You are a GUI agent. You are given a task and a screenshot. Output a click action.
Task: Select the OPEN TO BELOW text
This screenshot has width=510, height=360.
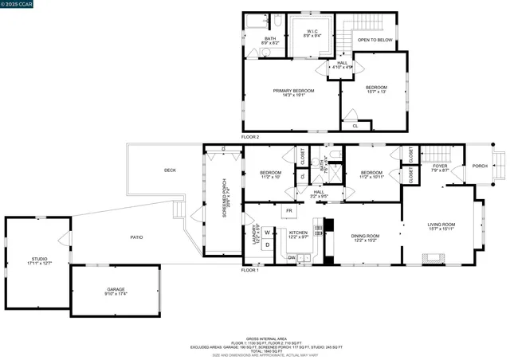click(x=374, y=39)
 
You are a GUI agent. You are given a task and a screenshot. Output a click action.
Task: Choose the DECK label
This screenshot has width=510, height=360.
click(x=170, y=170)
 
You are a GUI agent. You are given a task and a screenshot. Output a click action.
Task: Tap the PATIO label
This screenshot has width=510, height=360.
click(x=137, y=237)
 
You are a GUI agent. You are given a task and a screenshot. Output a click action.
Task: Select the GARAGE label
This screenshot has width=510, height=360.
click(x=116, y=291)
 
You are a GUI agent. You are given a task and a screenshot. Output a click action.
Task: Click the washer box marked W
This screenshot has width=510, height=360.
click(x=267, y=233)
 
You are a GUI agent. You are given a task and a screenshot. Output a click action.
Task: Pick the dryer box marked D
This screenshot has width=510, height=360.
click(x=267, y=245)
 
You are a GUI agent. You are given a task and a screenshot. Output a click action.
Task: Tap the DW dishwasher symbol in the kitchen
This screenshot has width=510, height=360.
click(x=292, y=257)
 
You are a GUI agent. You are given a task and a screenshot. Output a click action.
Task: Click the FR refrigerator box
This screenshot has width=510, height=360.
click(x=289, y=210)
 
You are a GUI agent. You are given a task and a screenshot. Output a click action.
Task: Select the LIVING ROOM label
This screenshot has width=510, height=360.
click(x=441, y=226)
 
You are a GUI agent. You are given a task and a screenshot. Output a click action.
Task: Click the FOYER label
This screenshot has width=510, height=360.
click(x=440, y=167)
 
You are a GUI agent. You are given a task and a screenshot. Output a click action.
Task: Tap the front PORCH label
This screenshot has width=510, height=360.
click(x=480, y=166)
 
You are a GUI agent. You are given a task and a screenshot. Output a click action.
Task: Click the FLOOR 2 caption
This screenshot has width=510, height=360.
click(x=252, y=137)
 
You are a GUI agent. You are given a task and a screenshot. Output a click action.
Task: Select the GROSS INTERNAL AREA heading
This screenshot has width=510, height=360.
click(x=256, y=338)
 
